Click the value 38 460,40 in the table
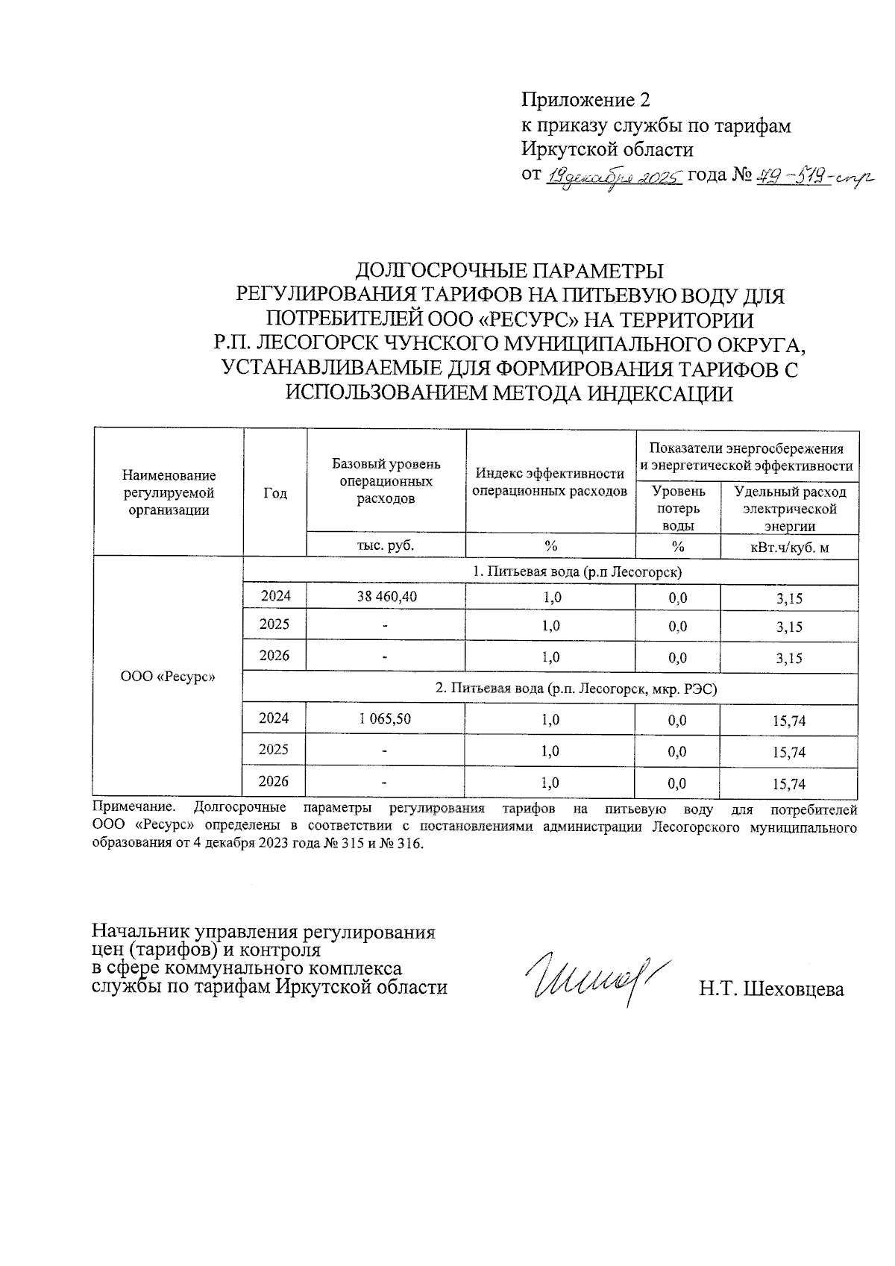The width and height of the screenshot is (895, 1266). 386,596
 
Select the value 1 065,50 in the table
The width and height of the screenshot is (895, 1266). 386,718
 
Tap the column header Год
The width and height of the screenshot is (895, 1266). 275,493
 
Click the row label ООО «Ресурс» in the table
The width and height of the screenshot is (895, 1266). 168,677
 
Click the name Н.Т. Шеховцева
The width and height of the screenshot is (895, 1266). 771,989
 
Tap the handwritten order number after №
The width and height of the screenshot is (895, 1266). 813,177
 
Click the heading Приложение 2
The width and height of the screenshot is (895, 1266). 585,100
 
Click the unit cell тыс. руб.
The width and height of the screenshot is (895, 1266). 386,545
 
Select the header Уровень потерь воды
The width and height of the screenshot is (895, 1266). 677,507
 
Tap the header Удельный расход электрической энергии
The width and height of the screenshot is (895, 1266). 789,508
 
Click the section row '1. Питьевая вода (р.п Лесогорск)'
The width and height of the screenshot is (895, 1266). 578,571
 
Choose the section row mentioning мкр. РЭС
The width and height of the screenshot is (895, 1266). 576,689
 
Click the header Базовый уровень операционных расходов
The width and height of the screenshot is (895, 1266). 386,481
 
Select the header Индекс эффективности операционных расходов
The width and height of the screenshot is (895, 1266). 550,482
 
